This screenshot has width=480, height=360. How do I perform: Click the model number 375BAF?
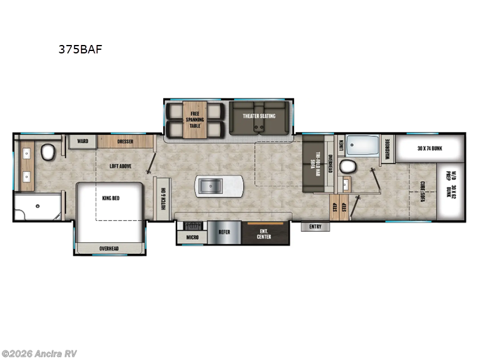click(x=80, y=50)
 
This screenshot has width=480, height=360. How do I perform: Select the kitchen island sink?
click(x=210, y=187)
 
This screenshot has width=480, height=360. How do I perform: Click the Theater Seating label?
click(x=259, y=116)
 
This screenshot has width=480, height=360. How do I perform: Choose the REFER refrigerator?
click(x=224, y=231)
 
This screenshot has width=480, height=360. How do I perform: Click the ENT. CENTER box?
click(x=264, y=233)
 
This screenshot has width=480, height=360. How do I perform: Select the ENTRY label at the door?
click(x=315, y=227)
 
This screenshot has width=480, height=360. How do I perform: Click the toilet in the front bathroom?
click(x=48, y=154)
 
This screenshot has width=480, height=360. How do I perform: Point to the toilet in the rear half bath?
click(x=347, y=166)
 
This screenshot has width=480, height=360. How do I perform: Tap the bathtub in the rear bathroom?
click(x=362, y=146)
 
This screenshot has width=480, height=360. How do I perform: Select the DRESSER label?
click(x=125, y=142)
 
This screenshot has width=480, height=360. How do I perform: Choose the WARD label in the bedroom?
click(x=82, y=142)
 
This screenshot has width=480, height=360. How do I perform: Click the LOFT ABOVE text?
click(x=120, y=166)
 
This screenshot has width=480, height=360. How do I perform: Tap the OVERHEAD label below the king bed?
click(x=109, y=248)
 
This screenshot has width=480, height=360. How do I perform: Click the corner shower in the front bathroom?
click(x=36, y=207)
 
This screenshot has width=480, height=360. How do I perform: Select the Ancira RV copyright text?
click(x=40, y=353)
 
